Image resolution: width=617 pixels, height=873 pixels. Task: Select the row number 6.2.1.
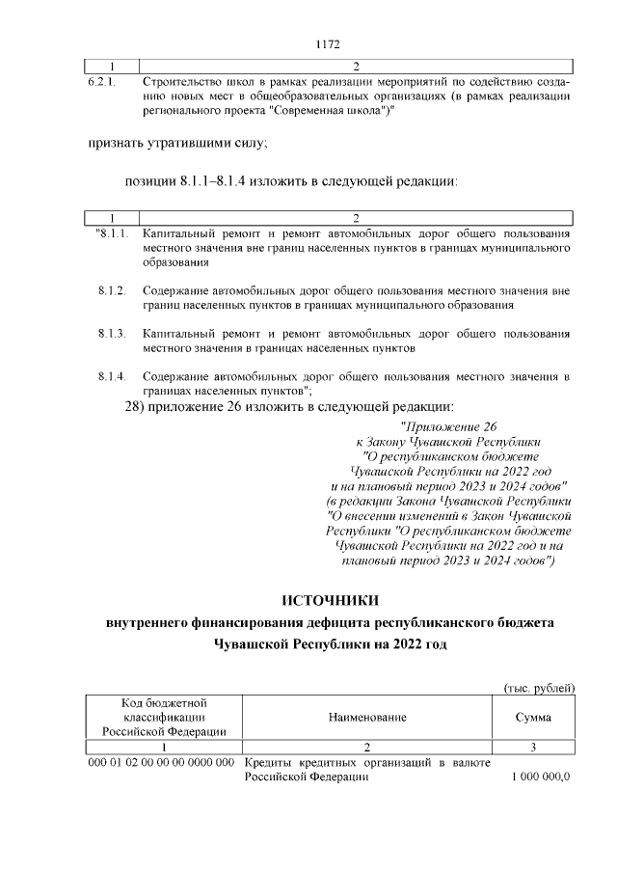(x=103, y=82)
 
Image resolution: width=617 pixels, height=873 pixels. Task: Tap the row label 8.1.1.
(x=111, y=234)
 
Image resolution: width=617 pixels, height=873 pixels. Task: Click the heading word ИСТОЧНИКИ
(x=329, y=603)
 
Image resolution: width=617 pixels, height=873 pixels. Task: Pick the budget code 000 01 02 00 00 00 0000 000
(x=162, y=763)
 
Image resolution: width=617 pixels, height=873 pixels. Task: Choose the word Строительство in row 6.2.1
(x=180, y=82)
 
